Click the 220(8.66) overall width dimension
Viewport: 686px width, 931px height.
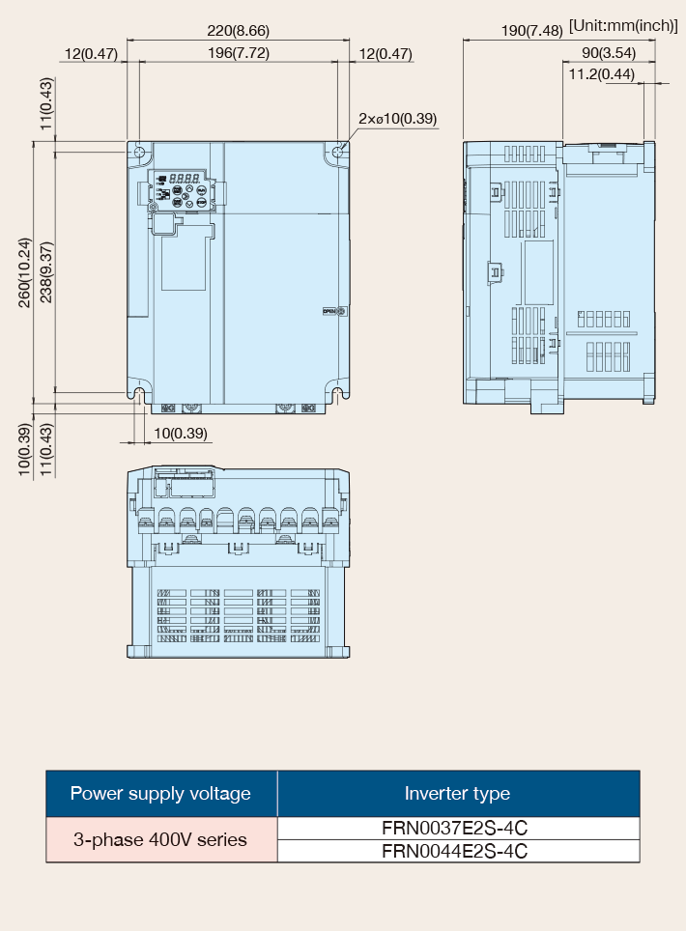pos(238,30)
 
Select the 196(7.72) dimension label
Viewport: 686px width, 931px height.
pos(239,53)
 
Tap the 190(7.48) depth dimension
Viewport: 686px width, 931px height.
pos(531,30)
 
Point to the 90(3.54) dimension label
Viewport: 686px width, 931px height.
pos(608,53)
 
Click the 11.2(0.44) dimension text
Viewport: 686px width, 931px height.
pos(602,74)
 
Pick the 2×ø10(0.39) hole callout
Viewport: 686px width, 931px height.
pos(397,119)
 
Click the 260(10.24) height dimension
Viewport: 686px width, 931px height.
pos(24,272)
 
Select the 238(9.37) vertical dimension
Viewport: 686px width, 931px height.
pos(46,272)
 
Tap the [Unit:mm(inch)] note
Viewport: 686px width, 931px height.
pos(623,25)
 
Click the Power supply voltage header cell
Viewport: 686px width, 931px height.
pos(161,793)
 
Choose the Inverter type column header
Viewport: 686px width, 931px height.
pos(458,793)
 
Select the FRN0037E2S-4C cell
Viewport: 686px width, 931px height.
pos(455,829)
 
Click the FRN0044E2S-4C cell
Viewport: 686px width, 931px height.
pos(455,851)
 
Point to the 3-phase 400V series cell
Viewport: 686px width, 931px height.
pos(160,839)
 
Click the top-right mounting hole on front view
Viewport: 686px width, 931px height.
pos(338,152)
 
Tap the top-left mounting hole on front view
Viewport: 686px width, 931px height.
pos(139,152)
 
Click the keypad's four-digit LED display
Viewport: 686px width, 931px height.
pos(185,178)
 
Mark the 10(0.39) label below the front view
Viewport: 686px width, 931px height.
pos(181,434)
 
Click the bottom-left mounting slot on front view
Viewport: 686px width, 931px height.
pos(139,395)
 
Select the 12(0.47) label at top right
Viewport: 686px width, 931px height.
pos(386,54)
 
